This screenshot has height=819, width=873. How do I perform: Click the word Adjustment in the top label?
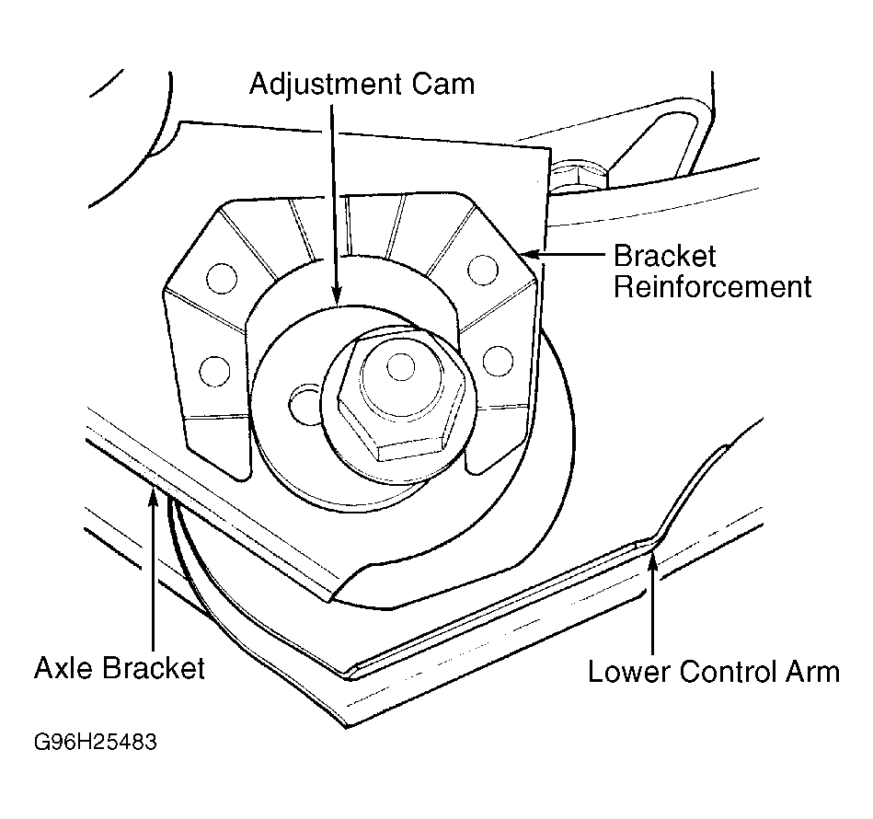(326, 85)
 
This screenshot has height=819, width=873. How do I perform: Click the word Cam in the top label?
(443, 85)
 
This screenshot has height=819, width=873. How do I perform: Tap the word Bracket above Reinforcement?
(665, 257)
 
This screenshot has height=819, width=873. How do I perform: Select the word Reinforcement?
(713, 287)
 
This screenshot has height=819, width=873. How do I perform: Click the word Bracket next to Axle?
(155, 667)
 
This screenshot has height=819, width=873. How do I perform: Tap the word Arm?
(813, 672)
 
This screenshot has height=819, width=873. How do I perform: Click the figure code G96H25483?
(96, 742)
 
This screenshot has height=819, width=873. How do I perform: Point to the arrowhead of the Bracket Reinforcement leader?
(533, 255)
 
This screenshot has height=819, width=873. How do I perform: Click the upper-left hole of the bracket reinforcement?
(222, 278)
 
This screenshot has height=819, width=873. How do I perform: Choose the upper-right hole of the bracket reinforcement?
(483, 270)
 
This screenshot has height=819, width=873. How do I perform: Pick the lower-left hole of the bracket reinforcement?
(214, 372)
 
